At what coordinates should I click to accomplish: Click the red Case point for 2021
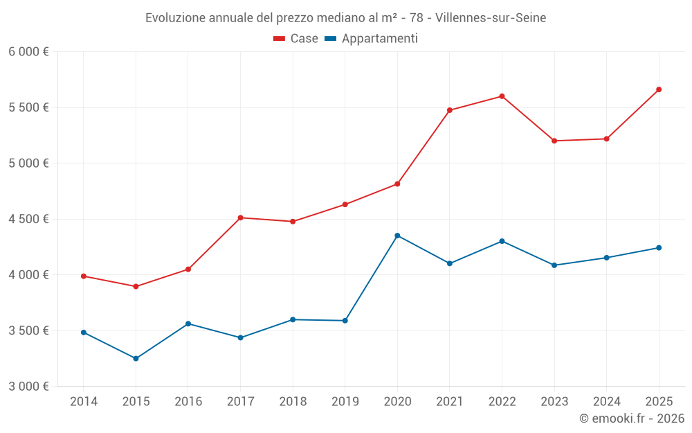[450, 110]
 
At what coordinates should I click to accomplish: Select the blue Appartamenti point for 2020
[397, 236]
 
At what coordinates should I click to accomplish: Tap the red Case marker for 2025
[659, 89]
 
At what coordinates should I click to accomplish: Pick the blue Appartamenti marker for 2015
[136, 359]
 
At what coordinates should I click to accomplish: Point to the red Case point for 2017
[240, 218]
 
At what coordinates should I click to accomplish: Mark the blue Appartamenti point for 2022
[502, 241]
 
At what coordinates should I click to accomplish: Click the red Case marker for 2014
[84, 276]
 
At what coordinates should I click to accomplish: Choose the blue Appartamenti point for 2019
[345, 321]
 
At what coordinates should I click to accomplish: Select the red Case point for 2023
[554, 141]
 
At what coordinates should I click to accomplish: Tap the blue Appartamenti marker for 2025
[659, 248]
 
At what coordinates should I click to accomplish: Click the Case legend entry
[296, 39]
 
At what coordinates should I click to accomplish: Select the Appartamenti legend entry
[372, 39]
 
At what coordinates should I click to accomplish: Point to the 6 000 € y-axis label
[28, 52]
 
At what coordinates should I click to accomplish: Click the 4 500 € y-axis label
[28, 219]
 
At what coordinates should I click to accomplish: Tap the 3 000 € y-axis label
[28, 387]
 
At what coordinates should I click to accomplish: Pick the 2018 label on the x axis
[293, 402]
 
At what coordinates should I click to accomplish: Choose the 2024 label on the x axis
[606, 402]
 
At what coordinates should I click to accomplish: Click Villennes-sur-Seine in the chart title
[491, 18]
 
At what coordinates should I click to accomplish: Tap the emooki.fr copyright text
[632, 418]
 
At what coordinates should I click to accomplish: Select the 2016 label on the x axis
[188, 402]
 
